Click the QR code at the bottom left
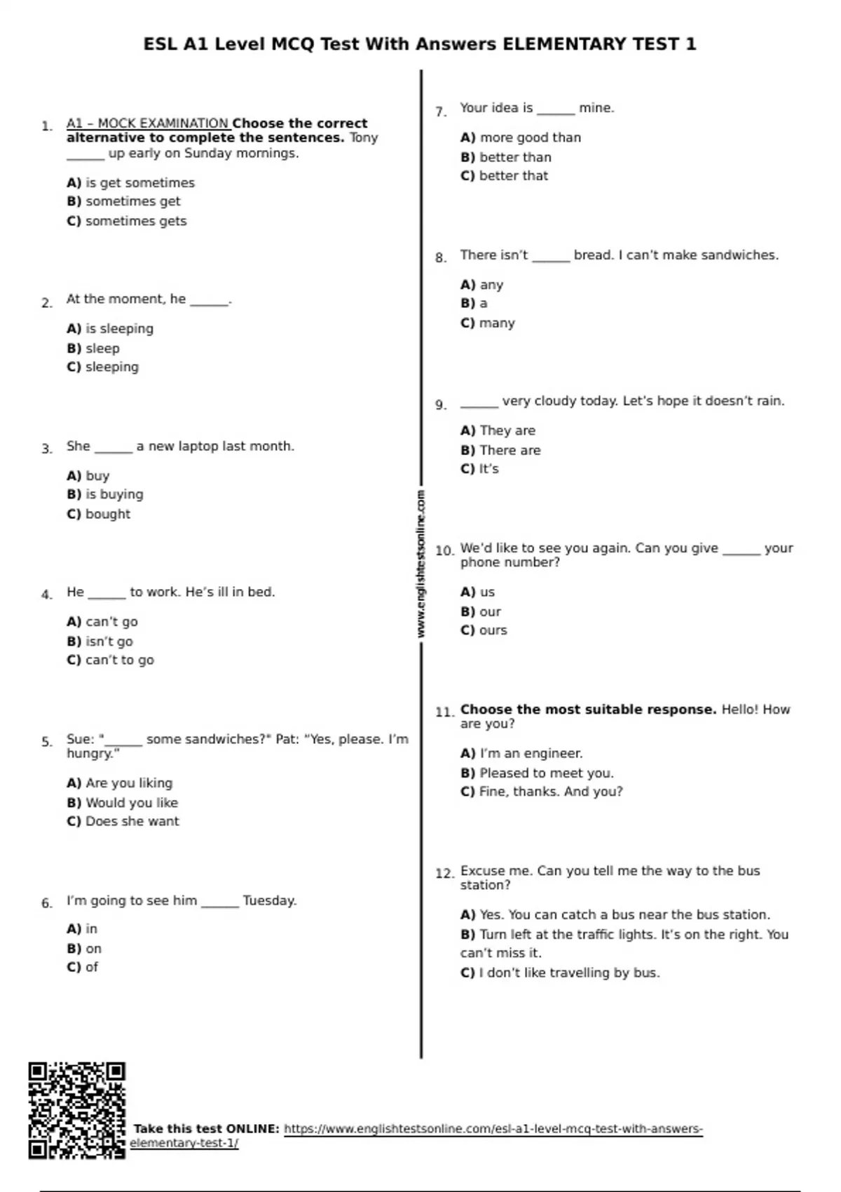[77, 1110]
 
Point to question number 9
[441, 405]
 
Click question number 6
[47, 903]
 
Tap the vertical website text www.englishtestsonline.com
[420, 564]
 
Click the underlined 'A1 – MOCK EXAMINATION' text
[147, 123]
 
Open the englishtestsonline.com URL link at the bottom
[493, 1129]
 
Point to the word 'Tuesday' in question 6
[269, 900]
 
